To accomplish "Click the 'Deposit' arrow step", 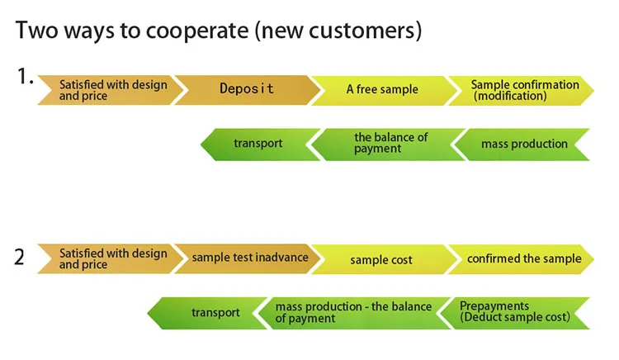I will pos(246,89).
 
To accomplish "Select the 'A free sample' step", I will pos(381,89).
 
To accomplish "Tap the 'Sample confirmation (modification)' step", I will pos(523,90).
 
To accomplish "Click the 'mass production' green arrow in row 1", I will pos(524,144).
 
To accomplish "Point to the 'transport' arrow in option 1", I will pos(258,144).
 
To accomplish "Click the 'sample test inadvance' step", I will pos(249,258).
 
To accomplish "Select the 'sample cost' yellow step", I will pos(380,259).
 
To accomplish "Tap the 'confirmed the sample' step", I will pos(523,258).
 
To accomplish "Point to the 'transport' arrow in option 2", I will pos(215,313).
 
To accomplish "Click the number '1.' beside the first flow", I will pos(25,78).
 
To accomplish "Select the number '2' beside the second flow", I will pos(20,257).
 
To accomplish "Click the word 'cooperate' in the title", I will pos(200,31).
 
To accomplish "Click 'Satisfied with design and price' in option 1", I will pos(112,90).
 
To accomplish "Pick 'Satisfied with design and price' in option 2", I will pos(112,258).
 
